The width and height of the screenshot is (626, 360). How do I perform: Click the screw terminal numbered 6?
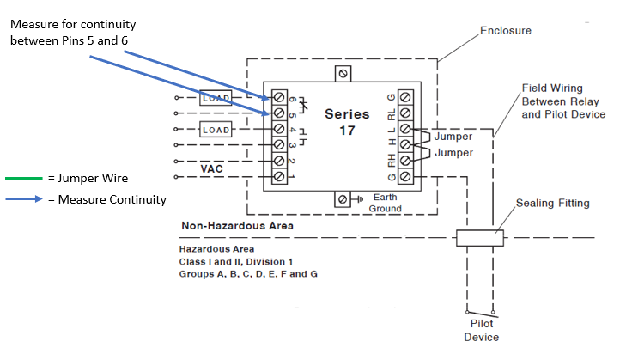[279, 96]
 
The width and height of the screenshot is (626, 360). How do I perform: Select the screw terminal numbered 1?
[279, 176]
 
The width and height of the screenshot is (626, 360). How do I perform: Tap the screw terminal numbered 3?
[279, 144]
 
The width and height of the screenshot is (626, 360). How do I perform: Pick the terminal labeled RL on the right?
[405, 113]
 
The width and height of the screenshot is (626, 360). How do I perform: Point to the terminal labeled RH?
[405, 161]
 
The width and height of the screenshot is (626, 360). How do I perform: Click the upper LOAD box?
[216, 98]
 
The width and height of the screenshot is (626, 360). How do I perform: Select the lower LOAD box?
[216, 130]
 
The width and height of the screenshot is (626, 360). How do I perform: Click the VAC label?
[212, 169]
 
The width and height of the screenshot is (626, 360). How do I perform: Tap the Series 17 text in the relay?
[347, 122]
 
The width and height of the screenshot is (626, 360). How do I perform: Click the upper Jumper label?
[453, 137]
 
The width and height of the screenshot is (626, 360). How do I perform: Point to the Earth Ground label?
[384, 203]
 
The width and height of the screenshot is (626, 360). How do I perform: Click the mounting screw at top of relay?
[343, 75]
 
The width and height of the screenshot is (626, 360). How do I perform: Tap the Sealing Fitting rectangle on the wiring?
[478, 238]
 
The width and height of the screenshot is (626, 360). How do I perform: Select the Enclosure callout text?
[505, 31]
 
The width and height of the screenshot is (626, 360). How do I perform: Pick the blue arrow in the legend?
[24, 199]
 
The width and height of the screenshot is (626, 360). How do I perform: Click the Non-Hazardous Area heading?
[237, 226]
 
